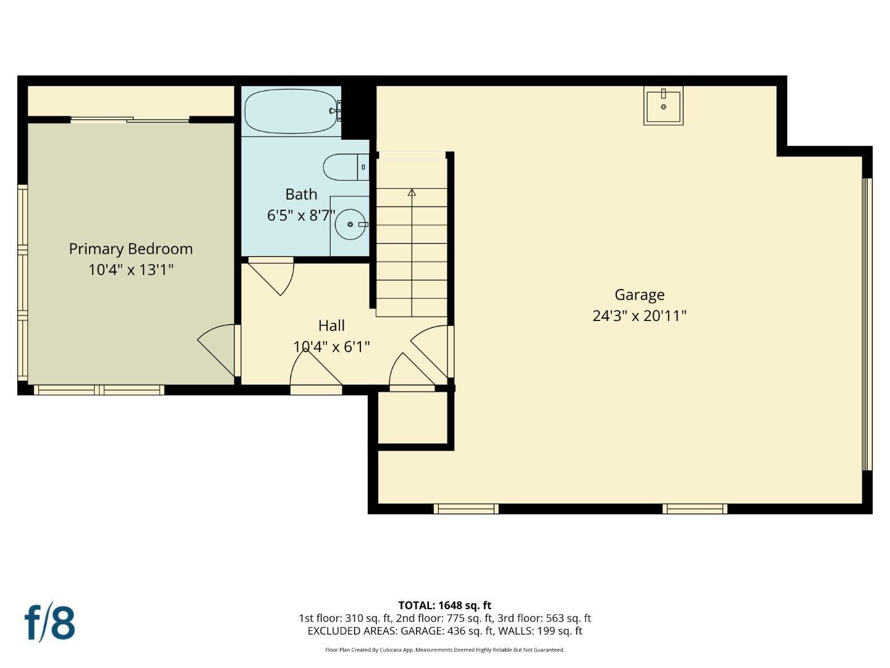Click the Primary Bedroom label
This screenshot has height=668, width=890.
click(x=130, y=249)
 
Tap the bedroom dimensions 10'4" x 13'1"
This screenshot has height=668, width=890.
click(x=130, y=270)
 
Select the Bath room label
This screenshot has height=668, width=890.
click(x=301, y=194)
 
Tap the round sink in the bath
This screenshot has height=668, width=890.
click(x=350, y=224)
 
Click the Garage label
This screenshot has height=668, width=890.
click(x=639, y=295)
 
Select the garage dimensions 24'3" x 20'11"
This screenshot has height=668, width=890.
click(x=639, y=316)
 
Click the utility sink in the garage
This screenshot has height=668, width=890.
click(x=663, y=106)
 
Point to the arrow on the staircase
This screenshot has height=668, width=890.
click(x=412, y=192)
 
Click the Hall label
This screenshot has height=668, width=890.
click(x=331, y=325)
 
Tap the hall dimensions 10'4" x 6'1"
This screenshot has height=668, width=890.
click(x=331, y=346)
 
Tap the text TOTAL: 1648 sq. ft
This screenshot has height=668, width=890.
click(x=444, y=606)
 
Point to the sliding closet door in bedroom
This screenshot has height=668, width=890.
click(x=130, y=119)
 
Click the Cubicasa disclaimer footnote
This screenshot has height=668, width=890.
click(x=444, y=650)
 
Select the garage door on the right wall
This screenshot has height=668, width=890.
click(x=867, y=325)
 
